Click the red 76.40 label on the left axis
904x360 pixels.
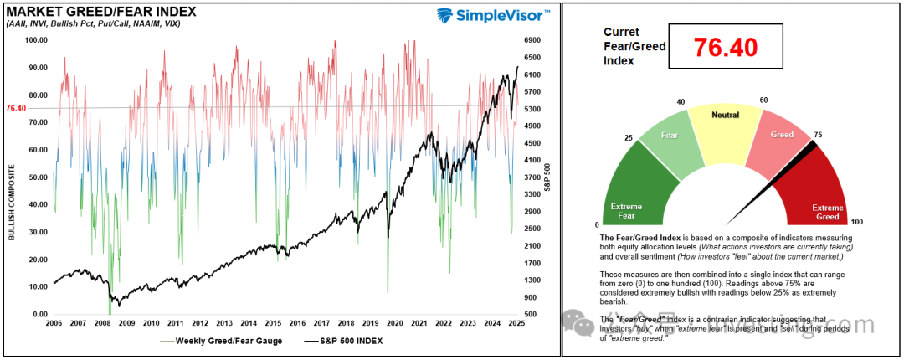coord(16,108)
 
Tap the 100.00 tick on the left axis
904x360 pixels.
coord(36,40)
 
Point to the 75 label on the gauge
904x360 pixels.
coord(817,133)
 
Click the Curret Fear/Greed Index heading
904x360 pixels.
coord(634,46)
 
